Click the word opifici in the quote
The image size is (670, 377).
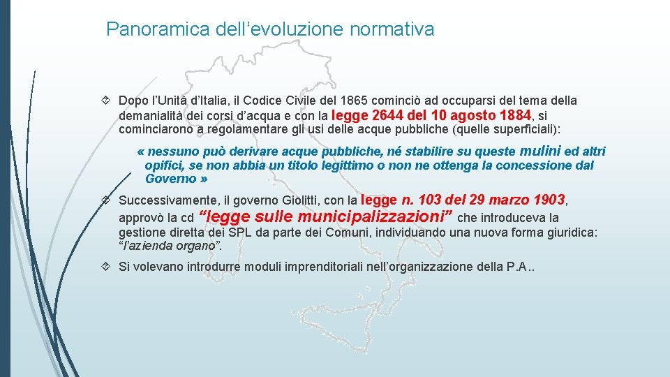coord(163,165)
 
